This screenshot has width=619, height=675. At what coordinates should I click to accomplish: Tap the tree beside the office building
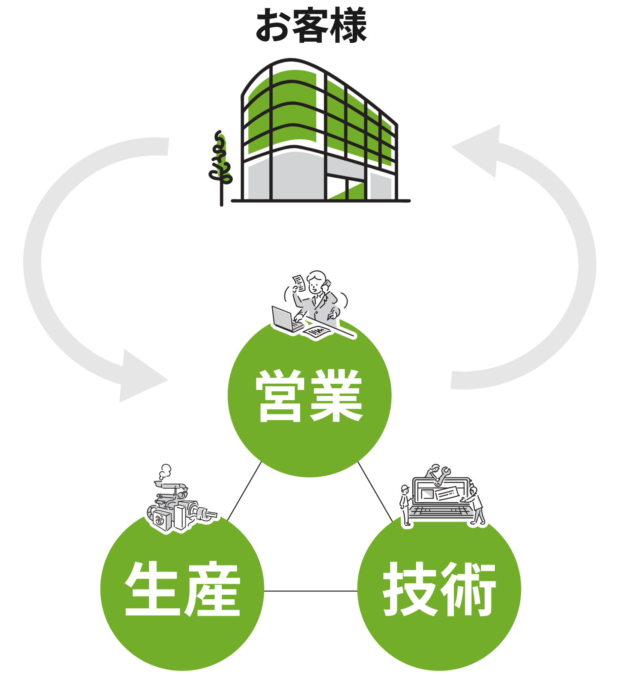(221, 161)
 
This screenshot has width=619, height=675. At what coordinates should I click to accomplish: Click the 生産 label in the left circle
(182, 589)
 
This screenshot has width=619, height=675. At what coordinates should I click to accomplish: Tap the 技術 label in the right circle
(439, 589)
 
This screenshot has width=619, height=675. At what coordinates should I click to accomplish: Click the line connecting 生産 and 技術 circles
(311, 591)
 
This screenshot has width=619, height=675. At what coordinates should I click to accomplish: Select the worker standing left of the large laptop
(405, 504)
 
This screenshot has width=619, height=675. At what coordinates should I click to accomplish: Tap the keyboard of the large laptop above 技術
(441, 512)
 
